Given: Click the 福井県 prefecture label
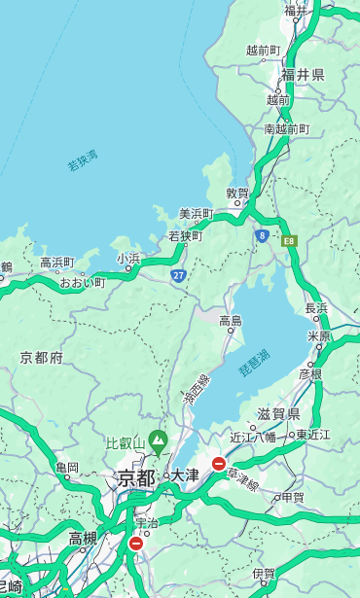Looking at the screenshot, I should point(304,75).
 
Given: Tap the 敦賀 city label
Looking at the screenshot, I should point(238,193).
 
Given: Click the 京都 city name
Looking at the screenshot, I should point(136,477).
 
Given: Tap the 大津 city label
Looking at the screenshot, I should point(185,475).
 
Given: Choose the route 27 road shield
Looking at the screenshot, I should point(178,276).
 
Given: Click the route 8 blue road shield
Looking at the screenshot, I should point(262,235).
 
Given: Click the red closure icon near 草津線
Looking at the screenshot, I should point(219,464).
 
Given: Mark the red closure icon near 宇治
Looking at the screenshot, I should point(135,544).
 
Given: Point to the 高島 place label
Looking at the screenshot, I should point(231,321).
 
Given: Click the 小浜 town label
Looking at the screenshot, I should point(128,259).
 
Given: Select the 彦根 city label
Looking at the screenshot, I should point(310,373).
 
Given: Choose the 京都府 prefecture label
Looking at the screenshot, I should point(42,358).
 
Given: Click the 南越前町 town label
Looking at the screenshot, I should point(286,128).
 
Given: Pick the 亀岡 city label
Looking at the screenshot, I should point(67,468).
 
